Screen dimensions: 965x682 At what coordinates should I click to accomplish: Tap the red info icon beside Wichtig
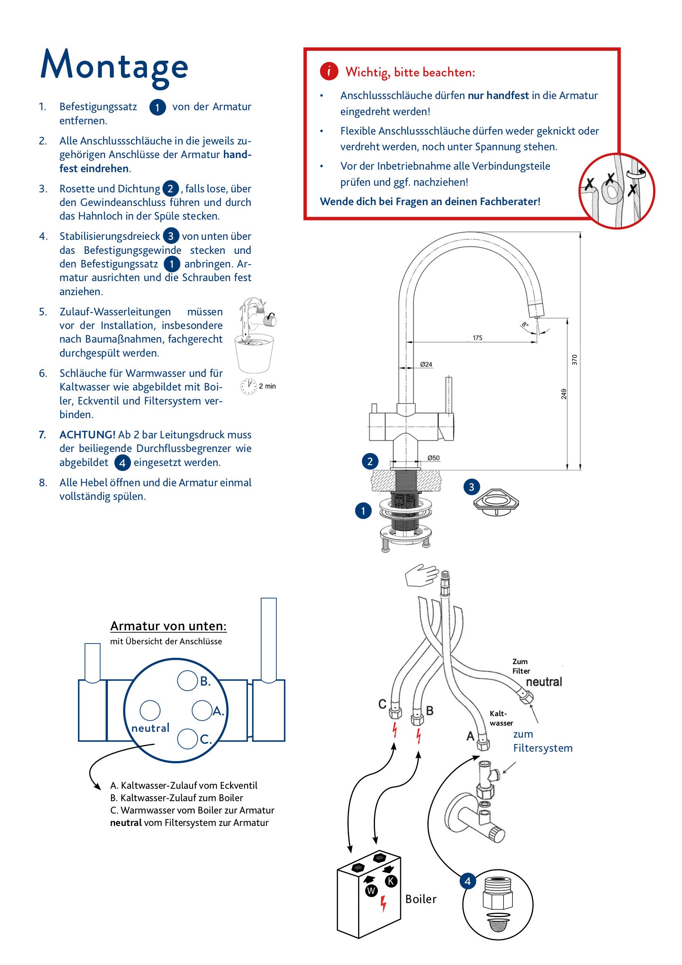[328, 71]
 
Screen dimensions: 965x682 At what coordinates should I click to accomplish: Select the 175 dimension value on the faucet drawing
[477, 338]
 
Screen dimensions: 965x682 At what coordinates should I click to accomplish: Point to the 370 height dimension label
[574, 360]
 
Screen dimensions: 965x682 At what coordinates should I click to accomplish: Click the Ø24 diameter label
[426, 364]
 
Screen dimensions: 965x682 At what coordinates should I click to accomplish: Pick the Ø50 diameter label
[433, 458]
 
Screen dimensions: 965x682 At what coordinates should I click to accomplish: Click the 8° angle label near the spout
[525, 325]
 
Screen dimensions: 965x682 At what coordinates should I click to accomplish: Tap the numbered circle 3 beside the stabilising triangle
[472, 487]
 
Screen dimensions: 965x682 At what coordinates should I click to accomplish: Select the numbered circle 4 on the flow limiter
[468, 881]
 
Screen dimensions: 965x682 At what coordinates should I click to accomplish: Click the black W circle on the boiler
[371, 890]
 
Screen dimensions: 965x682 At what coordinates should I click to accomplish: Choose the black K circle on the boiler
[391, 881]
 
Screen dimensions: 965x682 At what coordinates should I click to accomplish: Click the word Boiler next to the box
[421, 899]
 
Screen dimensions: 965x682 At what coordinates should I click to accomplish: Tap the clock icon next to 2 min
[248, 386]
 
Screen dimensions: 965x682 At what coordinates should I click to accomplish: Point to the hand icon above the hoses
[422, 575]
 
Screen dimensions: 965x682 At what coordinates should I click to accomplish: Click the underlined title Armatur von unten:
[168, 626]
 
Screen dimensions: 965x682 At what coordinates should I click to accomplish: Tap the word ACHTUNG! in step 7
[87, 435]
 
